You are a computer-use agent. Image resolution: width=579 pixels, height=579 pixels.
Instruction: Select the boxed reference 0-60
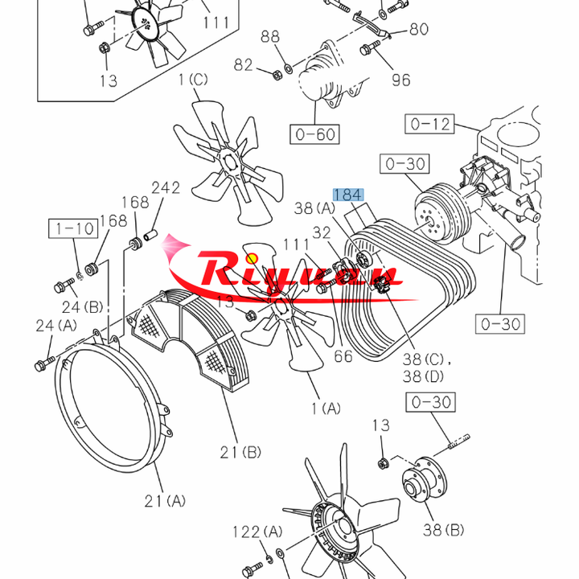[314, 133]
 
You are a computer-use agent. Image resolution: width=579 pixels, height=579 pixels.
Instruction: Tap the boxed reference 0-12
[431, 125]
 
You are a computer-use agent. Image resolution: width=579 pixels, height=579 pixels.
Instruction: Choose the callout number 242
[166, 188]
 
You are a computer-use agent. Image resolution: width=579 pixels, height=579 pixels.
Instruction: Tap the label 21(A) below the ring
[165, 500]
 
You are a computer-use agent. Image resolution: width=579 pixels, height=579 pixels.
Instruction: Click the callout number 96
[400, 80]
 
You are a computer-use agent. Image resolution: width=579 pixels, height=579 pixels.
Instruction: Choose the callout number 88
[270, 36]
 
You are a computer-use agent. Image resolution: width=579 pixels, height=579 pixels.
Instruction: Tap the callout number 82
[244, 64]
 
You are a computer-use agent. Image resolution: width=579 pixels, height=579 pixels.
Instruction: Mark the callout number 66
[343, 355]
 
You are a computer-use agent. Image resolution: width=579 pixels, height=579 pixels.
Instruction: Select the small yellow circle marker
[252, 258]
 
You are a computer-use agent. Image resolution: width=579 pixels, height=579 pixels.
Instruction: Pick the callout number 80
[419, 30]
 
